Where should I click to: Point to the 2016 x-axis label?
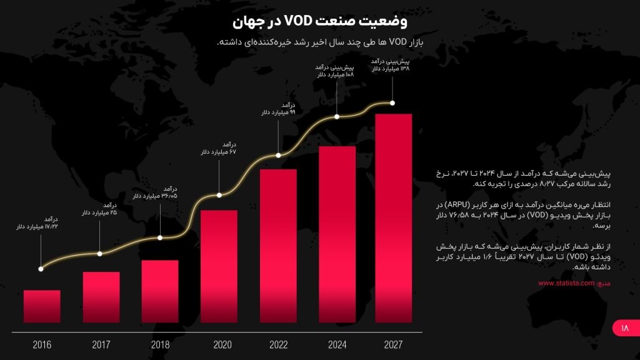(42, 344)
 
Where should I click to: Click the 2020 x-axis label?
(222, 344)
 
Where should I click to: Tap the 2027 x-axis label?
(393, 344)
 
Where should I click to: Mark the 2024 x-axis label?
(337, 344)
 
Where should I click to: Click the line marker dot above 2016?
(41, 269)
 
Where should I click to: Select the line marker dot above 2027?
(393, 102)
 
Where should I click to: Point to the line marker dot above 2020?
(219, 195)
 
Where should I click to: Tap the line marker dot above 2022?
(278, 155)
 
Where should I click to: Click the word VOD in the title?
(302, 21)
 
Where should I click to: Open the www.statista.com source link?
(566, 283)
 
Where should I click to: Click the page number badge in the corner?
(624, 327)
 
